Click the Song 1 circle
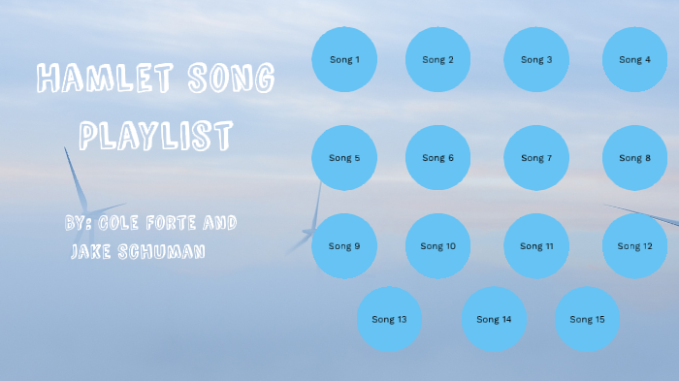pyautogui.click(x=343, y=59)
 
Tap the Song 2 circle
pyautogui.click(x=437, y=59)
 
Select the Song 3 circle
pyautogui.click(x=536, y=59)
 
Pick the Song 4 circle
pyautogui.click(x=634, y=59)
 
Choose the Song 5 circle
pyautogui.click(x=343, y=157)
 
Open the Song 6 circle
pyautogui.click(x=437, y=157)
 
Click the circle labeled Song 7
pyautogui.click(x=536, y=157)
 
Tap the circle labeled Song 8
pyautogui.click(x=634, y=157)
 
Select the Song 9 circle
pyautogui.click(x=343, y=246)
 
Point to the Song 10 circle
pyautogui.click(x=437, y=246)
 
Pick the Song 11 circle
pyautogui.click(x=536, y=246)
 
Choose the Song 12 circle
pyautogui.click(x=634, y=246)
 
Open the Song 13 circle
pyautogui.click(x=389, y=319)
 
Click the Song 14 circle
pyautogui.click(x=493, y=319)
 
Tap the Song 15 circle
pyautogui.click(x=587, y=319)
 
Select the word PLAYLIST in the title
pyautogui.click(x=155, y=135)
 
